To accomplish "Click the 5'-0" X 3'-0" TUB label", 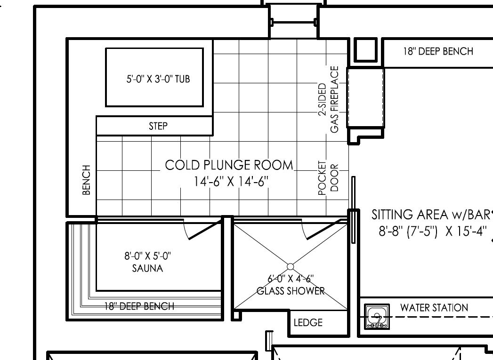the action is (x=158, y=79).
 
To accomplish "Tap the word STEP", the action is (x=158, y=126).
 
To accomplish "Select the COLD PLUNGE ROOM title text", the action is (x=229, y=165).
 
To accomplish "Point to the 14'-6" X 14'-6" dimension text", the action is (x=231, y=182).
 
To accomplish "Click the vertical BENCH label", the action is (x=87, y=180).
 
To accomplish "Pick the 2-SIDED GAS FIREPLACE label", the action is (x=329, y=99).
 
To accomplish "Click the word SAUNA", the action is (x=147, y=268).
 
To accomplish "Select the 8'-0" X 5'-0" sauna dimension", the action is (x=147, y=256).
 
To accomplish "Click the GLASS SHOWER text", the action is (x=291, y=291).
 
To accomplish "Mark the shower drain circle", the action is (x=291, y=267).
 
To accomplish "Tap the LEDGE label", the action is (x=308, y=323).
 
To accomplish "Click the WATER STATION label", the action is (x=434, y=308).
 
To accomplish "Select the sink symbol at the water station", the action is (x=377, y=317).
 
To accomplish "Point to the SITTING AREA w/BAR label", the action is (x=431, y=215).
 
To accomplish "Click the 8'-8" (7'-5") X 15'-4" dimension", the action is (x=433, y=232).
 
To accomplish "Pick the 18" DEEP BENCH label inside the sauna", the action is (x=139, y=306).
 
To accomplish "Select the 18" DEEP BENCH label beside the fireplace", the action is (x=438, y=51).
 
